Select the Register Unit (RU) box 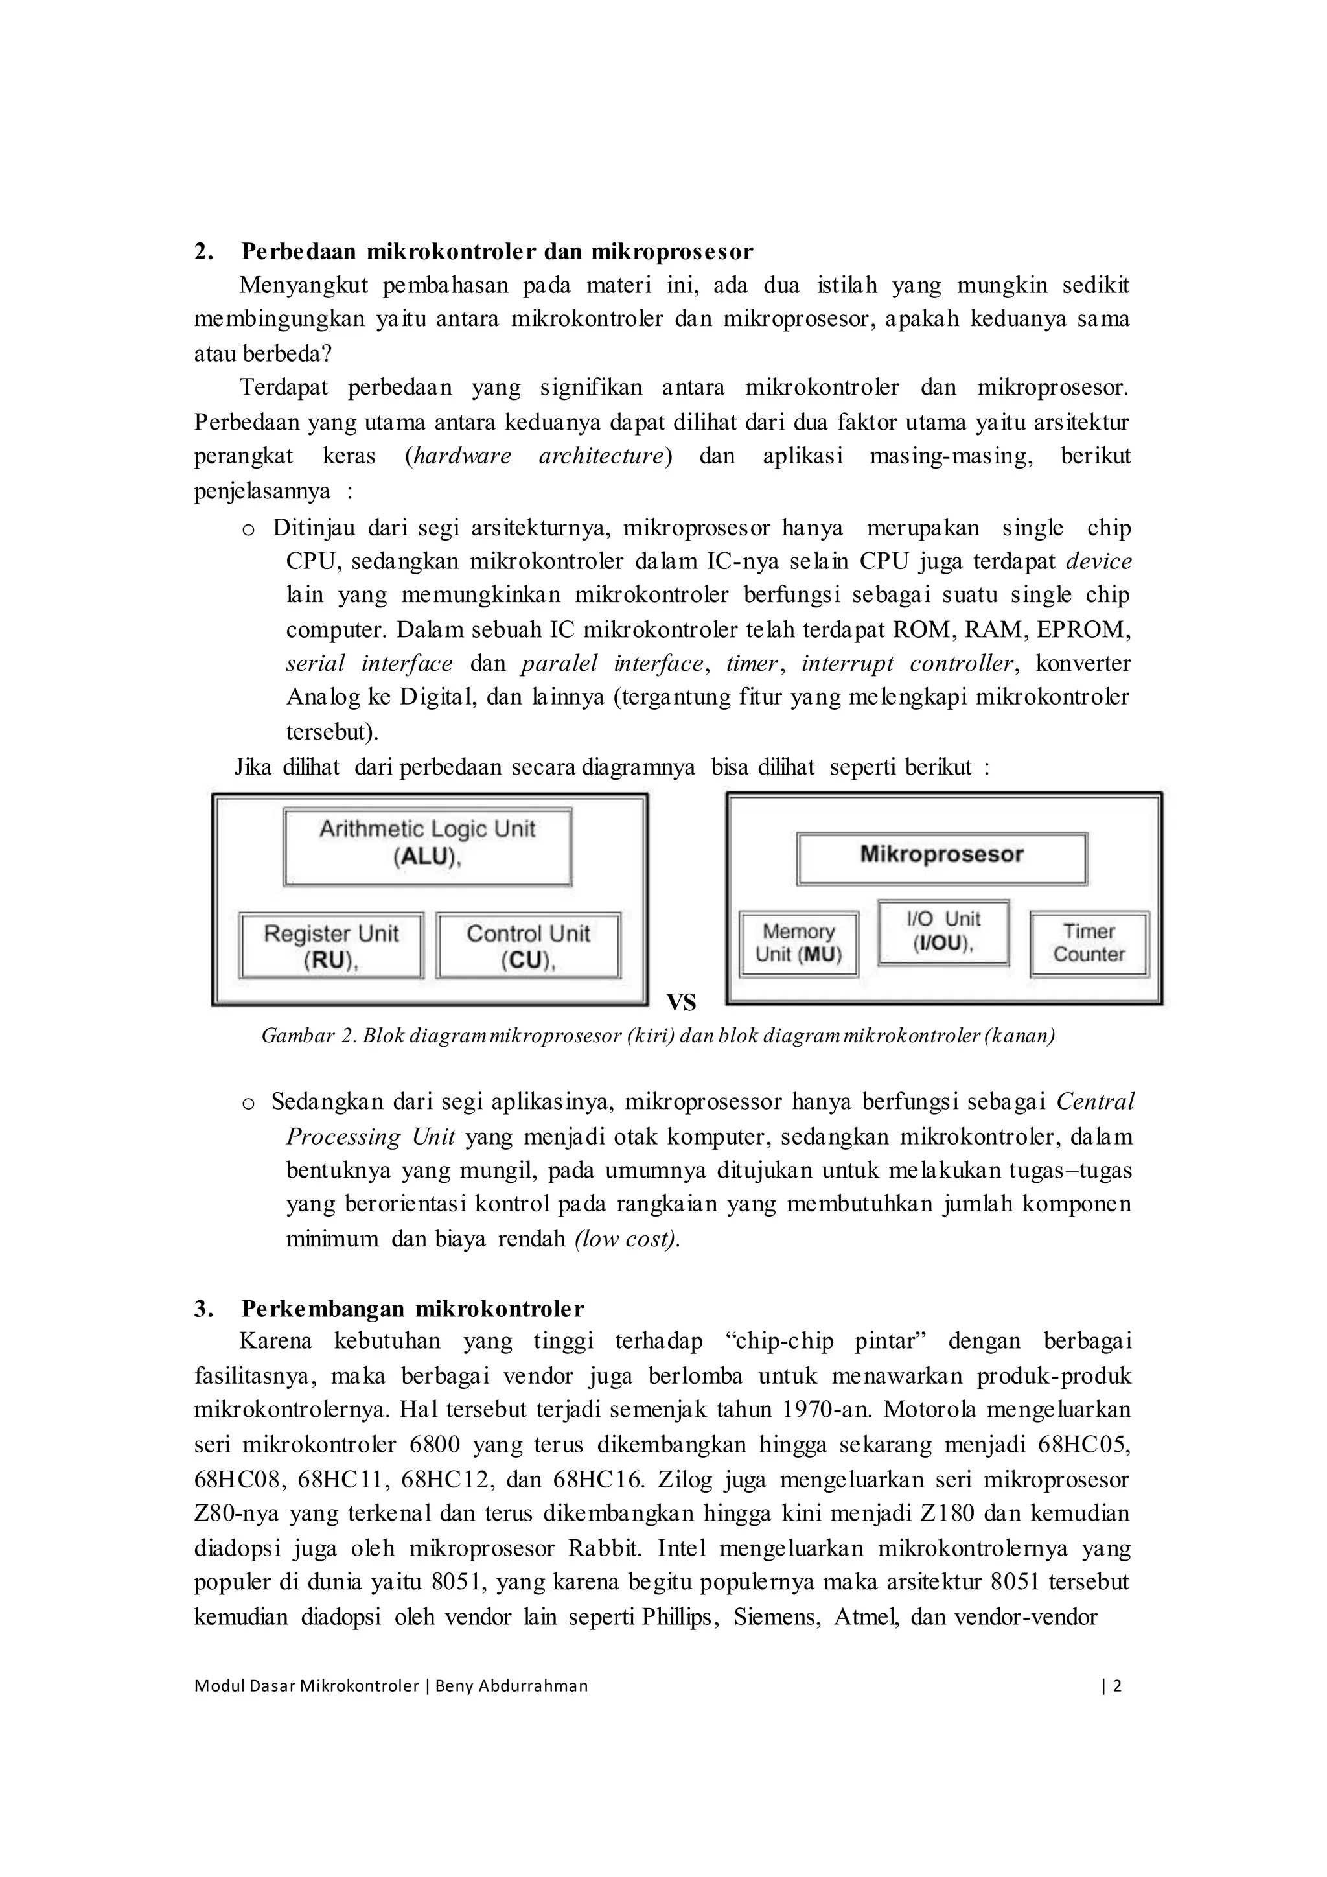[331, 946]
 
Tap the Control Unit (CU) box [528, 946]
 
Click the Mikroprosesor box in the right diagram [941, 857]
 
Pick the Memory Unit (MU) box [798, 944]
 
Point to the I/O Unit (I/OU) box [943, 932]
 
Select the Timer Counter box [1089, 944]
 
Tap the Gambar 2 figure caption [658, 1036]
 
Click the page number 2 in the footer [1118, 1685]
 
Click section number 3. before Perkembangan [203, 1309]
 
